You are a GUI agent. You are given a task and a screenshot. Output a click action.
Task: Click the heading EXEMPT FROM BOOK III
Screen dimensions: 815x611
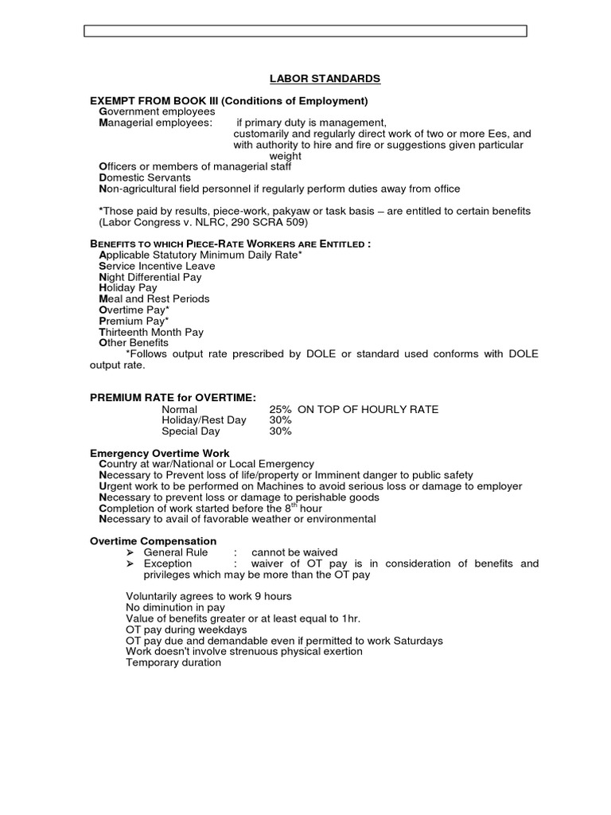click(x=229, y=101)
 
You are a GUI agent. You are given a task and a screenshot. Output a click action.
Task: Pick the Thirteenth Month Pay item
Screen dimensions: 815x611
click(x=151, y=332)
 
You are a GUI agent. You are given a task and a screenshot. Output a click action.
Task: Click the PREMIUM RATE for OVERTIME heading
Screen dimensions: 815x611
click(x=173, y=397)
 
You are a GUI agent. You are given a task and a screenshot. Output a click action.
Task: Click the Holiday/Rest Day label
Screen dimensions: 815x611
click(x=204, y=420)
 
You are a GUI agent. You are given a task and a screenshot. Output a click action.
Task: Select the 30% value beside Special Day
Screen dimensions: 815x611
click(x=281, y=431)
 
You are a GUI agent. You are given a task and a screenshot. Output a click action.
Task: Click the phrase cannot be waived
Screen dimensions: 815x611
click(x=294, y=552)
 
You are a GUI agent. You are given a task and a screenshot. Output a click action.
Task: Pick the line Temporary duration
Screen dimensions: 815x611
click(x=173, y=662)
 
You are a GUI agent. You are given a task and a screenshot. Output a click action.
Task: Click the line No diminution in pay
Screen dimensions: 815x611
click(x=175, y=607)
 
